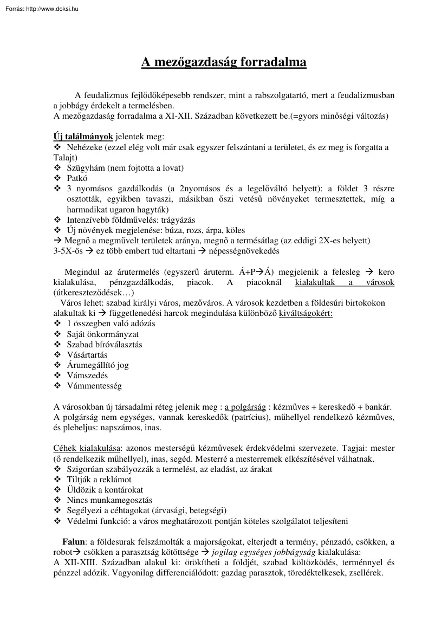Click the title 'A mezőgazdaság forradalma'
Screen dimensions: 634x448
point(224,62)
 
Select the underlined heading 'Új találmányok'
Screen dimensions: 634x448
point(83,137)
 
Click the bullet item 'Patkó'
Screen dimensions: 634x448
point(77,178)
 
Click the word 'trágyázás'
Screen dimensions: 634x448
point(176,220)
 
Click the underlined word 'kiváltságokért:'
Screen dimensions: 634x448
point(306,313)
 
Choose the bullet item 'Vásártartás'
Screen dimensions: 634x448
point(87,355)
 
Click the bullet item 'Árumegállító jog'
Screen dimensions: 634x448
point(98,365)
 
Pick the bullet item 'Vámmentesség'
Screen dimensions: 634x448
point(94,386)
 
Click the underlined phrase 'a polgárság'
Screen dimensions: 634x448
point(245,407)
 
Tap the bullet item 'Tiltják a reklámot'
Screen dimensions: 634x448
point(99,480)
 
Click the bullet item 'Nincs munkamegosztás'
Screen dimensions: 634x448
point(109,500)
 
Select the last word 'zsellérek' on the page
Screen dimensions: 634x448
point(365,573)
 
